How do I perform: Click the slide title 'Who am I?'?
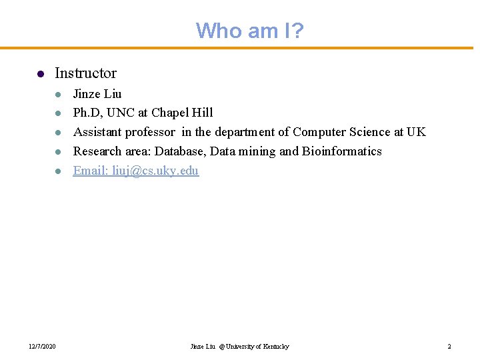[249, 30]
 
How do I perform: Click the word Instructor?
[85, 73]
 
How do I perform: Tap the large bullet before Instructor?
[40, 74]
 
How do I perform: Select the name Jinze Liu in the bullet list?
[97, 93]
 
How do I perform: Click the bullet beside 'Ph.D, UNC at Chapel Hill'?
[58, 113]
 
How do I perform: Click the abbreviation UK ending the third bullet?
[416, 132]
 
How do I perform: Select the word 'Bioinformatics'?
[342, 151]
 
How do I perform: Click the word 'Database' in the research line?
[179, 151]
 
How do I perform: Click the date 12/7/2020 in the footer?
[42, 347]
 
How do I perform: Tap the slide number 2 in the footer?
[449, 347]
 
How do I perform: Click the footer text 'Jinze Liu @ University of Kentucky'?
[240, 347]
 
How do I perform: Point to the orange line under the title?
[240, 48]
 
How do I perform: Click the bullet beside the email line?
[58, 171]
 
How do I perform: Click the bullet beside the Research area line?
[58, 152]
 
